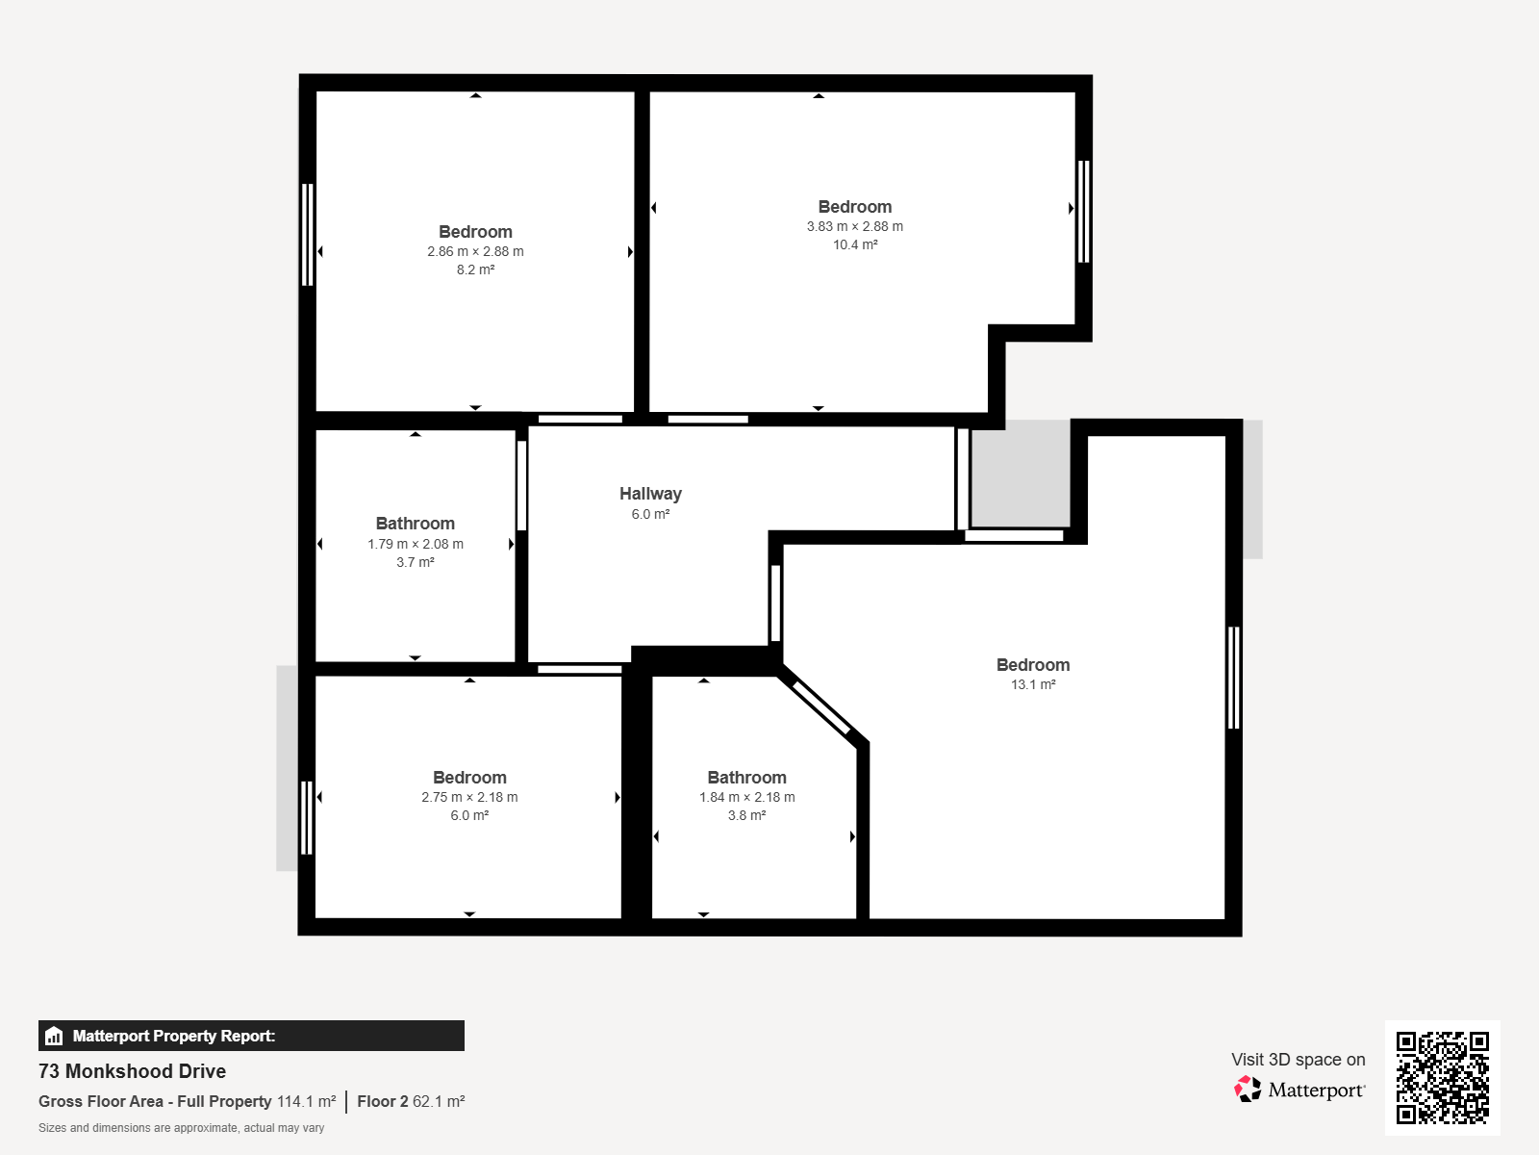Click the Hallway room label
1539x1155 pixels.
tap(650, 494)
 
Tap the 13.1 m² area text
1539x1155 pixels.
tap(1033, 684)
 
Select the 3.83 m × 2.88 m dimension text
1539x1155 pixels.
tap(855, 226)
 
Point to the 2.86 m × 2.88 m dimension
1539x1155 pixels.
tap(475, 251)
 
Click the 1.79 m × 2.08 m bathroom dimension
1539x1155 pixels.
tap(416, 544)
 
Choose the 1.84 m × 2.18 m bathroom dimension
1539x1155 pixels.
tap(746, 797)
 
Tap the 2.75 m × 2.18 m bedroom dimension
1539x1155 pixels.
tap(469, 797)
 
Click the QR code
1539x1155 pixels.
tap(1442, 1077)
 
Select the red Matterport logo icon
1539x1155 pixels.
tap(1248, 1090)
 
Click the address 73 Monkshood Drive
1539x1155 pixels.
tap(132, 1071)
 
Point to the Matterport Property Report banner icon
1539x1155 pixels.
tap(54, 1036)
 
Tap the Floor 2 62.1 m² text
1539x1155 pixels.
tap(411, 1101)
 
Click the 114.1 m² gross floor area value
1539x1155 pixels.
tap(307, 1101)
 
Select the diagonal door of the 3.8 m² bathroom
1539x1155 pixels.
tap(821, 707)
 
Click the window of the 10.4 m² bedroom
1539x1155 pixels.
tap(1083, 212)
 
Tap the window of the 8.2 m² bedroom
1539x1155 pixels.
tap(307, 234)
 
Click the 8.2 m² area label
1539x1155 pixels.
tap(475, 269)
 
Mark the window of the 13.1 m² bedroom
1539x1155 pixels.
tap(1234, 678)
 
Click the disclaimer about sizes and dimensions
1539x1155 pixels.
tap(181, 1128)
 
